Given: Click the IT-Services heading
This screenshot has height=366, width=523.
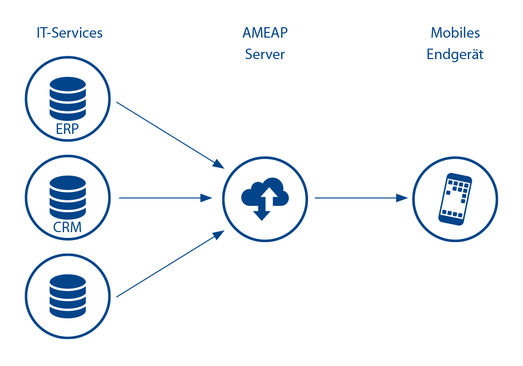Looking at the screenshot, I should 70,33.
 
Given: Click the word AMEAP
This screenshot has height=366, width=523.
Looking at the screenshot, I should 265,33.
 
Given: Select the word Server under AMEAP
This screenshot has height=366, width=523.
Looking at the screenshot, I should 265,54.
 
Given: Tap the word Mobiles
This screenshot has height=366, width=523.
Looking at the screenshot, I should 455,33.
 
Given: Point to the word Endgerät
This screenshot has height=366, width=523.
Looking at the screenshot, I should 455,55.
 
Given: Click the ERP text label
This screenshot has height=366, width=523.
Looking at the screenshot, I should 67,129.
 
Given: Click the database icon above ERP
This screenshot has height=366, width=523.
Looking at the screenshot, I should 67,99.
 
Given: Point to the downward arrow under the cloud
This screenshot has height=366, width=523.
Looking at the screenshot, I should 261,213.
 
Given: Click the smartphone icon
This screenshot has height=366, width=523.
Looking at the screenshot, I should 454,199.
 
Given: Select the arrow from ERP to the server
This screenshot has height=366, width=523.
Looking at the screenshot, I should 167,133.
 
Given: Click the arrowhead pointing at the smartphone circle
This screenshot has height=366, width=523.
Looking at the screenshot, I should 402,198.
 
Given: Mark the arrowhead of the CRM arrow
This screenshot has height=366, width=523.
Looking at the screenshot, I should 207,198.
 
